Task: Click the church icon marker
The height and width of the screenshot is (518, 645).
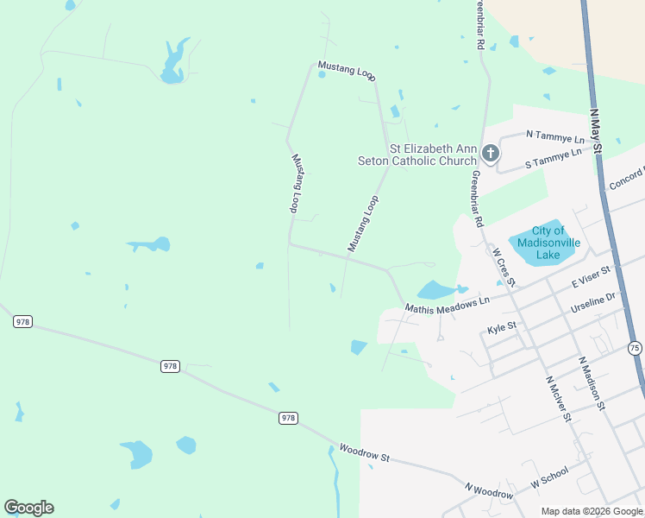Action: point(490,155)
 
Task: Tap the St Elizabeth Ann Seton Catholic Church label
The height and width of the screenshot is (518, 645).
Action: point(417,155)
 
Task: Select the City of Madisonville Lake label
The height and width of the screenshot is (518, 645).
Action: point(548,243)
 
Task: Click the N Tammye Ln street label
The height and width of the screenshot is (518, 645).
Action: point(554,136)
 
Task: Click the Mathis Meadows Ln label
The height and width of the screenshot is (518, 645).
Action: point(448,302)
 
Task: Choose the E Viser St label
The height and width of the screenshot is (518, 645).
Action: point(591,278)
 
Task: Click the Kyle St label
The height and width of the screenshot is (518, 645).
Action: point(501,328)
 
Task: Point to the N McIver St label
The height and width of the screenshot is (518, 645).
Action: point(557,398)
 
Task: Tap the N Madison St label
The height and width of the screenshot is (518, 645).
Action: point(592,383)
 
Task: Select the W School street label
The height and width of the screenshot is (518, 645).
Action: point(549,477)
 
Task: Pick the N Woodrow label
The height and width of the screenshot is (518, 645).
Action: point(489,491)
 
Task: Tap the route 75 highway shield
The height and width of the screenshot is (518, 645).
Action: point(635,348)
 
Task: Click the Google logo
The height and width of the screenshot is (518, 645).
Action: point(28,508)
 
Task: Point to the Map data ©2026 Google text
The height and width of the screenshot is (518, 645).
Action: point(592,511)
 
